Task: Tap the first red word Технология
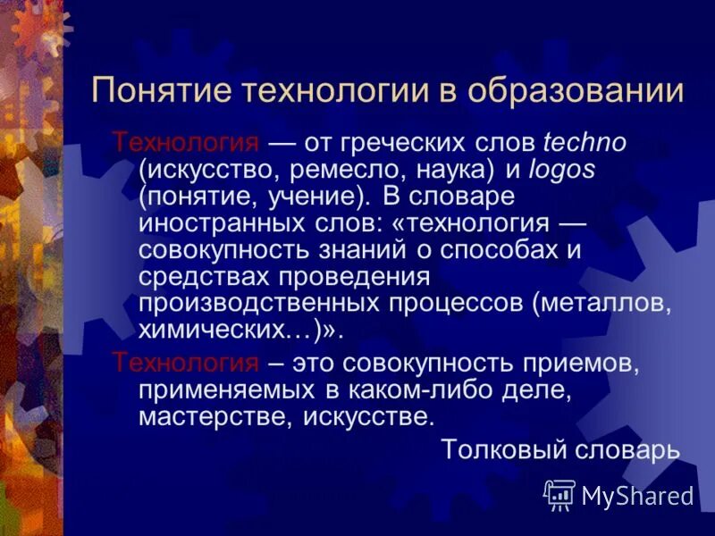(185, 143)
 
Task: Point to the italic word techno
(585, 143)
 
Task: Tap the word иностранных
(215, 222)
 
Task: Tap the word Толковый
(495, 449)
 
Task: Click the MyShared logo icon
(559, 493)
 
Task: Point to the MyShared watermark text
(636, 495)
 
